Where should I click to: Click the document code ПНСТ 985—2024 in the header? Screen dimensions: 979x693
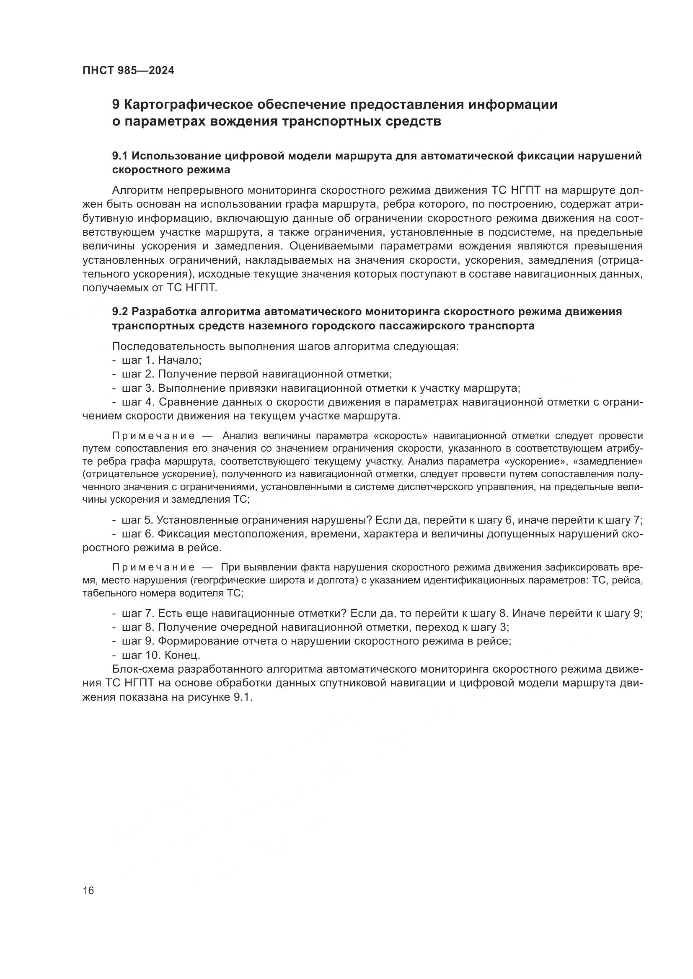(129, 71)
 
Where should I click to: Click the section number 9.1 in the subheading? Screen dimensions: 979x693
(121, 156)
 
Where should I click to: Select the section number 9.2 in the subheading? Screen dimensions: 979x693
(121, 312)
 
